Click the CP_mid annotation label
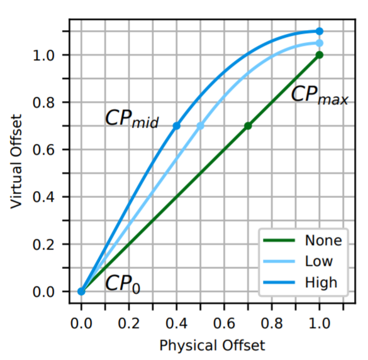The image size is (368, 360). pyautogui.click(x=131, y=120)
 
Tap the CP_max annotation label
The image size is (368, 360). pyautogui.click(x=319, y=95)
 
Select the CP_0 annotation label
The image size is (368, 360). pyautogui.click(x=122, y=284)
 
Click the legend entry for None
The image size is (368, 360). pyautogui.click(x=323, y=240)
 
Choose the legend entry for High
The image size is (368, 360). pyautogui.click(x=320, y=283)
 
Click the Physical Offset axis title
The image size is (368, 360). pyautogui.click(x=212, y=345)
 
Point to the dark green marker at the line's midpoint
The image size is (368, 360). pyautogui.click(x=248, y=126)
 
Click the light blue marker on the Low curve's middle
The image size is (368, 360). pyautogui.click(x=201, y=126)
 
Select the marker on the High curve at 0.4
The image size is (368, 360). pyautogui.click(x=177, y=126)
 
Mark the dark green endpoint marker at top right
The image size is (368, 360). pyautogui.click(x=320, y=55)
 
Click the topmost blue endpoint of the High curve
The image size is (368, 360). pyautogui.click(x=320, y=31)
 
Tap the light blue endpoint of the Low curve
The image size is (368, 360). pyautogui.click(x=320, y=43)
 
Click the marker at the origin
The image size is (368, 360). pyautogui.click(x=82, y=291)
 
